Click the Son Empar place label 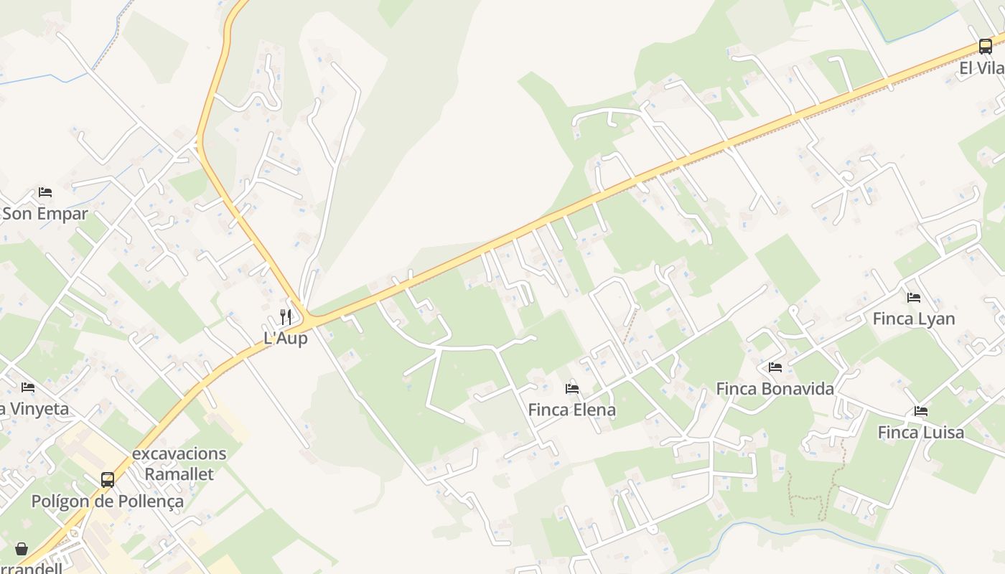point(45,214)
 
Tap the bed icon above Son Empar point(45,192)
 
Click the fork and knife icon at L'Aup point(286,316)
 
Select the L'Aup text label point(286,338)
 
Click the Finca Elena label point(572,410)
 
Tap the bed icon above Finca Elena point(572,389)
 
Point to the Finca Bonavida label point(775,389)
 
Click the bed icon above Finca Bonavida point(775,367)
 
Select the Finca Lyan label point(914,319)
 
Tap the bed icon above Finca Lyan point(914,297)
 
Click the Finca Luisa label point(921,433)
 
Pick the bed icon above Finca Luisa point(921,411)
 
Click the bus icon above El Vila point(986,47)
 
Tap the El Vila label point(982,68)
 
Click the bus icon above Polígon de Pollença point(108,480)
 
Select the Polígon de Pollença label point(108,502)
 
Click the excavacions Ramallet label point(179,464)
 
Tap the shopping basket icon point(22,549)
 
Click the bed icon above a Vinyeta point(28,387)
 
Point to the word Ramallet point(179,474)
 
